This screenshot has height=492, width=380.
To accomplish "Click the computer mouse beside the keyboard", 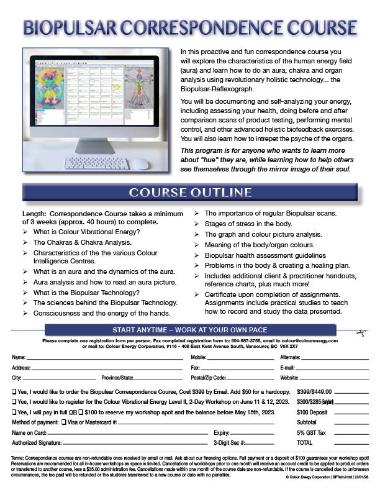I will [142, 164].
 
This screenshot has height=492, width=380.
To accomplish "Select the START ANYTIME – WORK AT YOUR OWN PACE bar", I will [190, 329].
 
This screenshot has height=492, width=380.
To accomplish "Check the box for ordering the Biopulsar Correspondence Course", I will [15, 393].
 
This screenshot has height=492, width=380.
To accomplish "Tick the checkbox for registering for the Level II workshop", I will [15, 402].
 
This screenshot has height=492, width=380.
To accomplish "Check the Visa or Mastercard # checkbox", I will [65, 422].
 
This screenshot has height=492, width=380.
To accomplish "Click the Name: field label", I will [19, 358].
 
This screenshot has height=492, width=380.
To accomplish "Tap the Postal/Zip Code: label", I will [209, 378].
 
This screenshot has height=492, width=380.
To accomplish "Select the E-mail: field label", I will [287, 368].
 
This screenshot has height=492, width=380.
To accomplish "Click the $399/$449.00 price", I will [314, 392].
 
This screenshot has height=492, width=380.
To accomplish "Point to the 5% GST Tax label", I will [310, 432].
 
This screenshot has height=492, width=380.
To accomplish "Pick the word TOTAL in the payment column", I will [305, 443].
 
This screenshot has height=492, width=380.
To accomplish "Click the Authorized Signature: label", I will [37, 443].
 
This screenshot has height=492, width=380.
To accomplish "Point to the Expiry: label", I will [222, 432].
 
